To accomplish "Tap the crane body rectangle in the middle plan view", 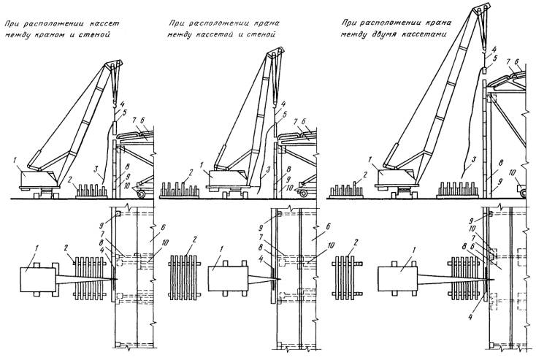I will click(226, 277).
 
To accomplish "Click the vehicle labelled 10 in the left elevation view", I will click(143, 188).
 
